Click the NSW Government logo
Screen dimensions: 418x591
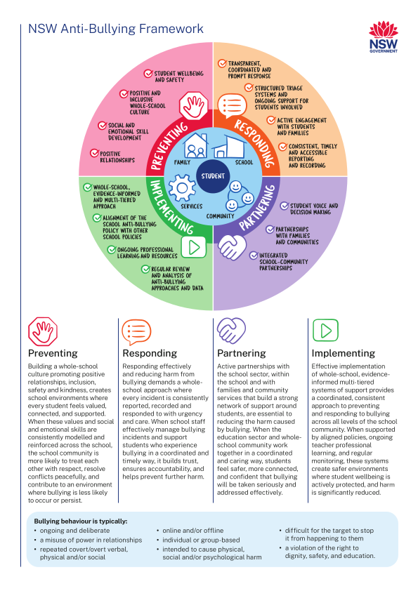(x=384, y=37)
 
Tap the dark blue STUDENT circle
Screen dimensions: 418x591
(x=213, y=176)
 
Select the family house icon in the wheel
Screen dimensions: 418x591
(x=195, y=145)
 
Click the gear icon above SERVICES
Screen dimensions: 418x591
(x=182, y=187)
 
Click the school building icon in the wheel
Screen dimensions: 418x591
(x=230, y=146)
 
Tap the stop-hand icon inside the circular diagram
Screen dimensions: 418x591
(x=193, y=105)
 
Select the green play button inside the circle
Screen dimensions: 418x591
(x=193, y=247)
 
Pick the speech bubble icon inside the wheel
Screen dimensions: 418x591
(x=232, y=105)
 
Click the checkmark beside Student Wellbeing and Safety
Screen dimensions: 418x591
(x=148, y=74)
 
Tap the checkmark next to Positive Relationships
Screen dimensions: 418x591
(x=94, y=153)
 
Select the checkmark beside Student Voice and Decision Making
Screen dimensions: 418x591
(x=284, y=206)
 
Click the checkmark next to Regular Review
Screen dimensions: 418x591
(x=145, y=269)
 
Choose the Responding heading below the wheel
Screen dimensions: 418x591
(x=150, y=353)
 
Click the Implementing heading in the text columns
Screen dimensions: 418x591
(x=344, y=353)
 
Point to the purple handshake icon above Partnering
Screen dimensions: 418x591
(x=231, y=331)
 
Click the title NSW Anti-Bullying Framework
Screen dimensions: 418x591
(x=116, y=29)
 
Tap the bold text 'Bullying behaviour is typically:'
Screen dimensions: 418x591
(x=81, y=522)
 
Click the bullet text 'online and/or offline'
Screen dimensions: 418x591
(x=192, y=531)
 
